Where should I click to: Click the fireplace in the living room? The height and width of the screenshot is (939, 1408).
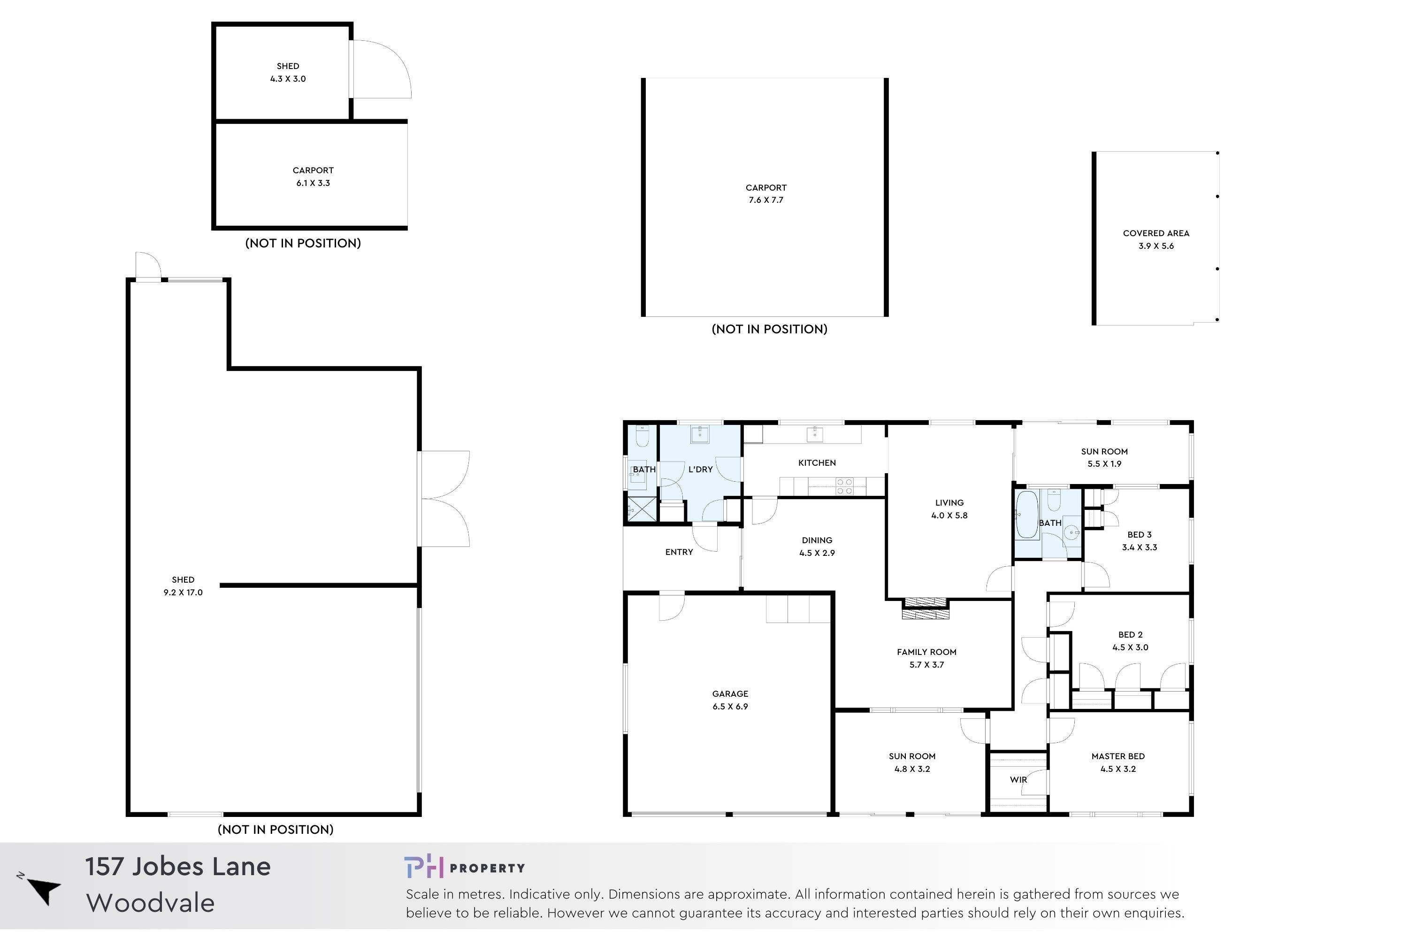click(x=926, y=608)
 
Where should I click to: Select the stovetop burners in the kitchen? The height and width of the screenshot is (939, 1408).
click(x=844, y=486)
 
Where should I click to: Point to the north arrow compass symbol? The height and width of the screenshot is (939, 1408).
click(x=42, y=889)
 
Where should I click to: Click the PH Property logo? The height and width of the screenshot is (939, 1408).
click(x=464, y=868)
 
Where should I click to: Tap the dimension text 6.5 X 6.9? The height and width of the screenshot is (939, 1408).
click(x=730, y=707)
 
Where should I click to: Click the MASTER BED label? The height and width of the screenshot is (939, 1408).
click(x=1117, y=756)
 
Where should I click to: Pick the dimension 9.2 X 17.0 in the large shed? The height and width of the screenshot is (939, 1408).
click(x=183, y=592)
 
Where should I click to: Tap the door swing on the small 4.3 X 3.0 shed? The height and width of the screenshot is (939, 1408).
click(x=381, y=69)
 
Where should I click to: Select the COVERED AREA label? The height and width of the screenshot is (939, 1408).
click(x=1155, y=233)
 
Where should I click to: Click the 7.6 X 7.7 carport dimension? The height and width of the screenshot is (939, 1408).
click(x=765, y=200)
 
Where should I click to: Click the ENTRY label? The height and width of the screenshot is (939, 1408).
click(x=679, y=552)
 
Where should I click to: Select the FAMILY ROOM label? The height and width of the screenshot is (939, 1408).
click(x=926, y=652)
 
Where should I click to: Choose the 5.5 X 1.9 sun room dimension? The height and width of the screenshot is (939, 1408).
click(x=1104, y=464)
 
